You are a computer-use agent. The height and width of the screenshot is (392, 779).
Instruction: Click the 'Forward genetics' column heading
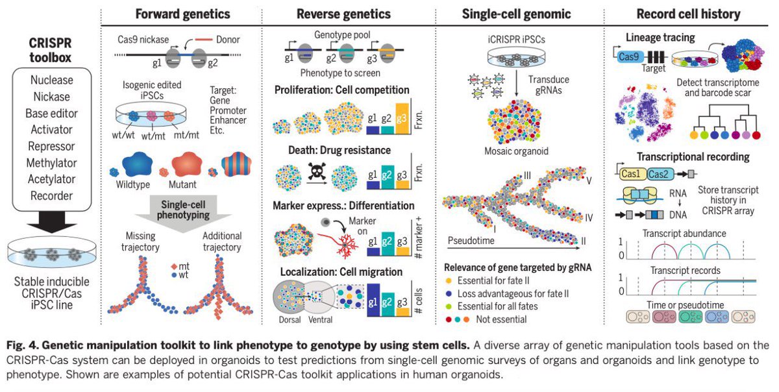[182, 14]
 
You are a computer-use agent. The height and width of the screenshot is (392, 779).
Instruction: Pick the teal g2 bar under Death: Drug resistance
[388, 175]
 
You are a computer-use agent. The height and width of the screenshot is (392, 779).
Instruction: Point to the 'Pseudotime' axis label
[472, 240]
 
